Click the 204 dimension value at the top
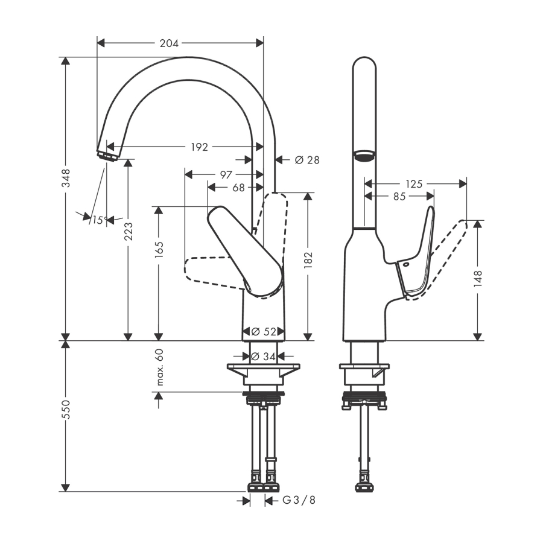point(169,43)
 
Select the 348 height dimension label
point(65,178)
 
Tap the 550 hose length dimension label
point(65,409)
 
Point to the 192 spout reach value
point(200,147)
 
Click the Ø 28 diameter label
point(307,160)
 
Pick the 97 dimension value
point(226,174)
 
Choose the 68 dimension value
point(238,188)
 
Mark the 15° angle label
point(100,220)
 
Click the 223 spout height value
point(128,231)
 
